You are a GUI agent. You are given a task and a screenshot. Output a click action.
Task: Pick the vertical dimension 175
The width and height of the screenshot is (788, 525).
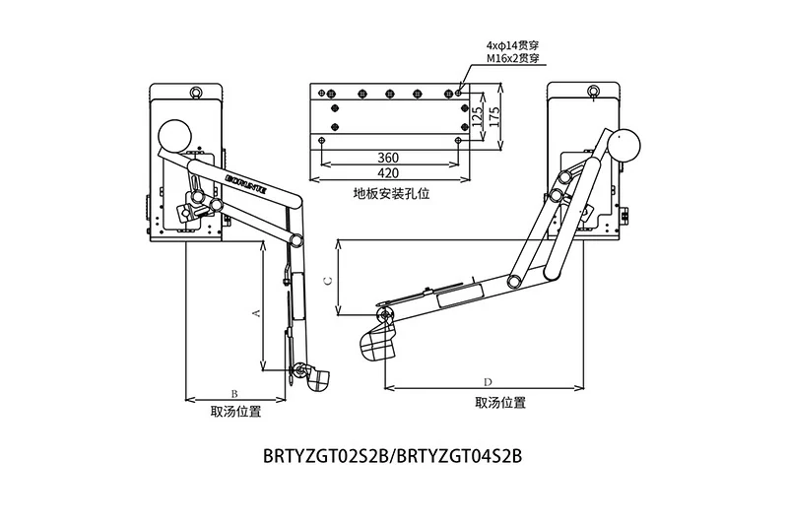495,114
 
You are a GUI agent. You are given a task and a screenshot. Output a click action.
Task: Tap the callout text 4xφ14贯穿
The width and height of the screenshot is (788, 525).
514,45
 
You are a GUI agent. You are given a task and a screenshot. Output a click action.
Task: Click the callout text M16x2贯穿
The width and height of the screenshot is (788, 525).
513,59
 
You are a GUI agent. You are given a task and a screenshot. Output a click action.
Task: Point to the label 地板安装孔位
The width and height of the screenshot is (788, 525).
386,194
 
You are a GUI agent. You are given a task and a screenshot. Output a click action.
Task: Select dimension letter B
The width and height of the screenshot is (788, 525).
233,392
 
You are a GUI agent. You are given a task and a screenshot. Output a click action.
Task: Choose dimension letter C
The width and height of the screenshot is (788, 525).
328,280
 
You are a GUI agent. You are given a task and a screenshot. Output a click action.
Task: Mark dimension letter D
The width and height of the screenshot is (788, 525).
489,381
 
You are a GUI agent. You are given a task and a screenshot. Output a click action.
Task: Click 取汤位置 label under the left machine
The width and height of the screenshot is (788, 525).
236,412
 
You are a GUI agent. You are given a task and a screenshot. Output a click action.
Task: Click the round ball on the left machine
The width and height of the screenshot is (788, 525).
175,134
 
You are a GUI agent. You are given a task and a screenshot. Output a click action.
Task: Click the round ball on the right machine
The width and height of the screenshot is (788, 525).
625,145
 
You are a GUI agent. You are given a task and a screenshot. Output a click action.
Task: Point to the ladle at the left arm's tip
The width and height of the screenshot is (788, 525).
316,377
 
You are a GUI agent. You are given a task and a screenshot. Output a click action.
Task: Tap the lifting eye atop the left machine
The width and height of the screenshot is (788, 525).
195,93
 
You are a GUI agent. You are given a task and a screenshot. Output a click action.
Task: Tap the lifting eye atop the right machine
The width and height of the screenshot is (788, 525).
593,93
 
